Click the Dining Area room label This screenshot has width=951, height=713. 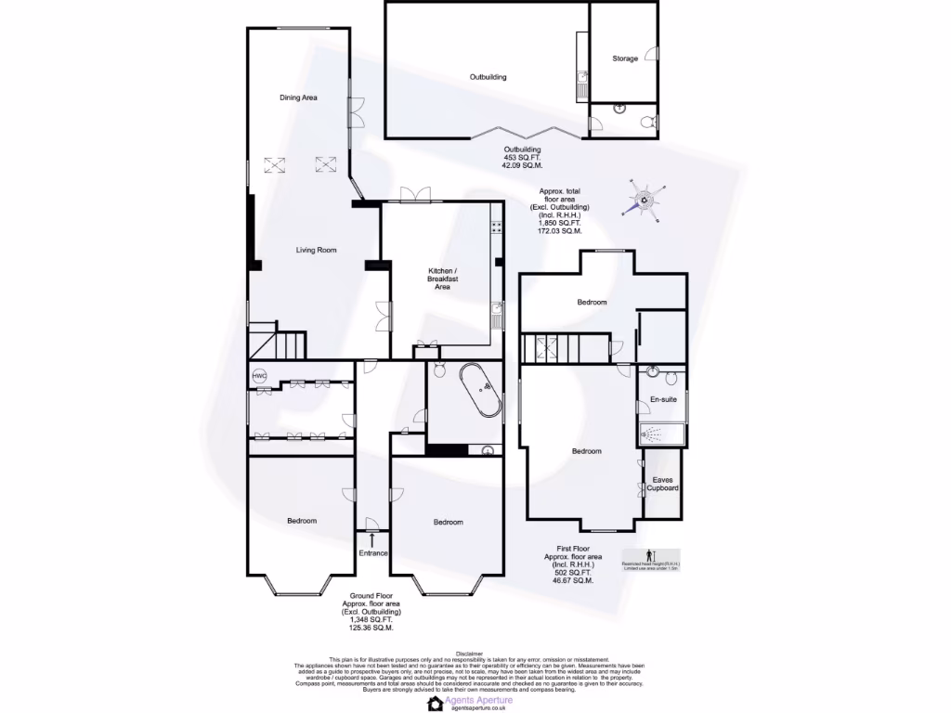pyautogui.click(x=299, y=97)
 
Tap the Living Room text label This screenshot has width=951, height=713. pyautogui.click(x=316, y=250)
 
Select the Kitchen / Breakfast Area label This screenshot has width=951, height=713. pyautogui.click(x=442, y=278)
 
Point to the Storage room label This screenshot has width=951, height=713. pyautogui.click(x=625, y=58)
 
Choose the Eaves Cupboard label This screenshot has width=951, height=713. pyautogui.click(x=663, y=484)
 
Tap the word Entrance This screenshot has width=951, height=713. pyautogui.click(x=372, y=553)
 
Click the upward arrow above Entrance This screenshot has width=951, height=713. pyautogui.click(x=372, y=538)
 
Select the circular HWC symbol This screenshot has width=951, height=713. pyautogui.click(x=259, y=376)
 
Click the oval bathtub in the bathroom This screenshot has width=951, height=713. pyautogui.click(x=480, y=393)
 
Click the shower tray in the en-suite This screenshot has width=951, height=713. pyautogui.click(x=661, y=434)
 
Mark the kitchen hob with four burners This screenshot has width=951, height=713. pyautogui.click(x=497, y=227)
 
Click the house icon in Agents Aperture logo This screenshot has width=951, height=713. pyautogui.click(x=435, y=703)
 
